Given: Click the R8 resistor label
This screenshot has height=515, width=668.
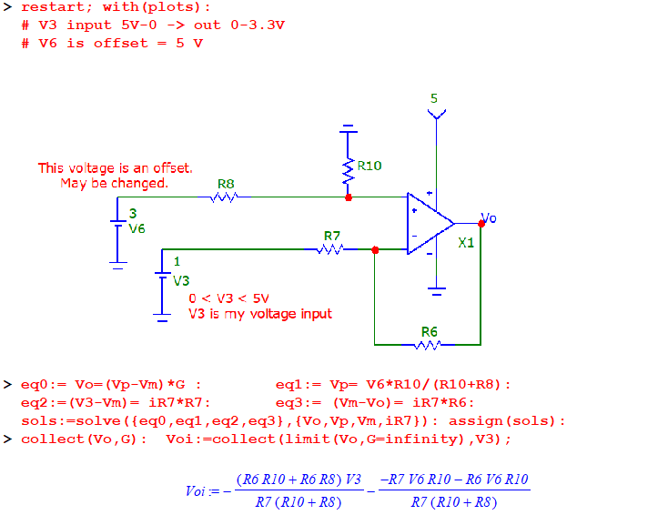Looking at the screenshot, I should pyautogui.click(x=226, y=184).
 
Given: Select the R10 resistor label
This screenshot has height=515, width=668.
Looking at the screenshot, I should pyautogui.click(x=369, y=166).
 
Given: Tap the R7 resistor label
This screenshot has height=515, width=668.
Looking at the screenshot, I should pyautogui.click(x=332, y=236).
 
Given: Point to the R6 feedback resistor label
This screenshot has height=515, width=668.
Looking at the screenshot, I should pyautogui.click(x=430, y=331).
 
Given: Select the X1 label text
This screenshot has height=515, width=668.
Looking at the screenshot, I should pyautogui.click(x=466, y=243).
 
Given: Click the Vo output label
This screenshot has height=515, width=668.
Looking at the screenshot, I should pyautogui.click(x=489, y=218).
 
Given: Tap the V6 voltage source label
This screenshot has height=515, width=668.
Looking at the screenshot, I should pyautogui.click(x=137, y=228).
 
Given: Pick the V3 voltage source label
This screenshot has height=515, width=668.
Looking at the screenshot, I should pyautogui.click(x=181, y=281).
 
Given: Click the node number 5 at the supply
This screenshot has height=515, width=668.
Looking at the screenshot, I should pyautogui.click(x=434, y=98).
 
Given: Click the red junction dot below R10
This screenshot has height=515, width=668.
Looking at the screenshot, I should pyautogui.click(x=349, y=197).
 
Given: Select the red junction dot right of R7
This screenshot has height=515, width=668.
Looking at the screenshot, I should pyautogui.click(x=375, y=248).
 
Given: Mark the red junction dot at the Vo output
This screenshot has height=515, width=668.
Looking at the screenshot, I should pyautogui.click(x=481, y=223).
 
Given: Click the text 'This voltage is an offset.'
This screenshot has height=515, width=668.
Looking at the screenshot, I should pyautogui.click(x=115, y=167).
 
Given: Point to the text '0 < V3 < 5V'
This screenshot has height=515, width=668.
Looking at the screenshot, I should pyautogui.click(x=228, y=298).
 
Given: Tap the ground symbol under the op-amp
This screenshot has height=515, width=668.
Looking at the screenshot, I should pyautogui.click(x=437, y=291).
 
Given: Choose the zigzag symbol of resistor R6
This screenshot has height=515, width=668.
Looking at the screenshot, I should pyautogui.click(x=428, y=345).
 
